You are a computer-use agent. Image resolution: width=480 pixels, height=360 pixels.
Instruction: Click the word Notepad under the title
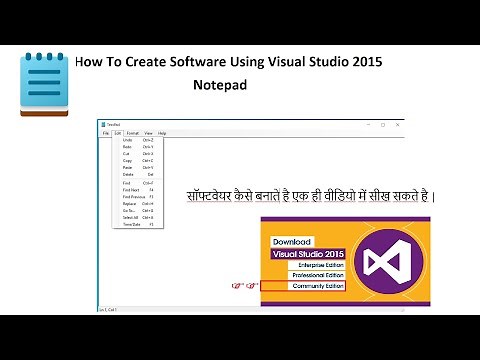point(220,86)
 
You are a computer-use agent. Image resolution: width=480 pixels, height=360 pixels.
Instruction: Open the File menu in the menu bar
point(105,132)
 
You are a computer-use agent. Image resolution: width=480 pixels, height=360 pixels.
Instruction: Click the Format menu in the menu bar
point(132,132)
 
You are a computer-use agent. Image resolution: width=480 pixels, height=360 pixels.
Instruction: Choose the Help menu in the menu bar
point(161,132)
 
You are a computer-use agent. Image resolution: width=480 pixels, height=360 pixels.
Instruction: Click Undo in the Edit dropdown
point(127,140)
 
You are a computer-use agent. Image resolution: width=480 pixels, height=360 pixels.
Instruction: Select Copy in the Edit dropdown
point(127,160)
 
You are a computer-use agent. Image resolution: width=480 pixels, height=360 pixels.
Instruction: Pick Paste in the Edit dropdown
point(127,167)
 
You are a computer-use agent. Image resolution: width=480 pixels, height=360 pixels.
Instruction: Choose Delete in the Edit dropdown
point(128,174)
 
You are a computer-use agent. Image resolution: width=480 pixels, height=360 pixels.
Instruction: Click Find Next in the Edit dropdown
point(130,189)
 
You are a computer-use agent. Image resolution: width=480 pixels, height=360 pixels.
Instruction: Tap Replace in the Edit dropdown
point(129,203)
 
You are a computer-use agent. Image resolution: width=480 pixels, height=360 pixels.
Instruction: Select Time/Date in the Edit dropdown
point(131,225)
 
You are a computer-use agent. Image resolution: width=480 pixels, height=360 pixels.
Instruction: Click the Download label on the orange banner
point(292,241)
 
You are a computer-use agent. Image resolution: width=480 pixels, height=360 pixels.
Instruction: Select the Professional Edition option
point(316,276)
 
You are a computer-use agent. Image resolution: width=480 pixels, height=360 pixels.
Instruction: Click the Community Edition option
point(317,287)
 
